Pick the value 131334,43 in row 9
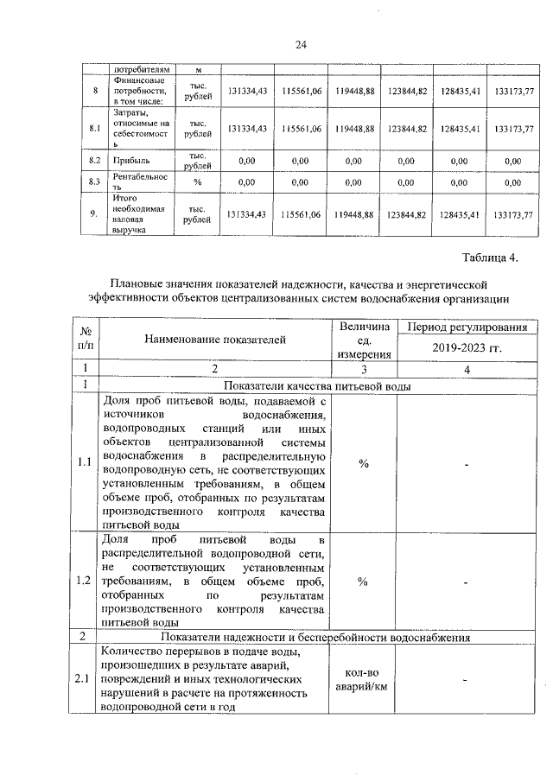coord(246,215)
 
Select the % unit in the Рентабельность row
coord(197,182)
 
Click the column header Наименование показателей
coord(214,340)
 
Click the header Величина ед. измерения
coord(364,340)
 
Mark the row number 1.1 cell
coord(84,461)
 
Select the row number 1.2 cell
coord(84,580)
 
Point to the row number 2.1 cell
coord(84,679)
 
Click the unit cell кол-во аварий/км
coord(364,679)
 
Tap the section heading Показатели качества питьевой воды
coord(316,385)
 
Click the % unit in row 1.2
coord(364,580)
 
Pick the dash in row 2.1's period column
coord(466,680)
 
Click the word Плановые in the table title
coord(138,283)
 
